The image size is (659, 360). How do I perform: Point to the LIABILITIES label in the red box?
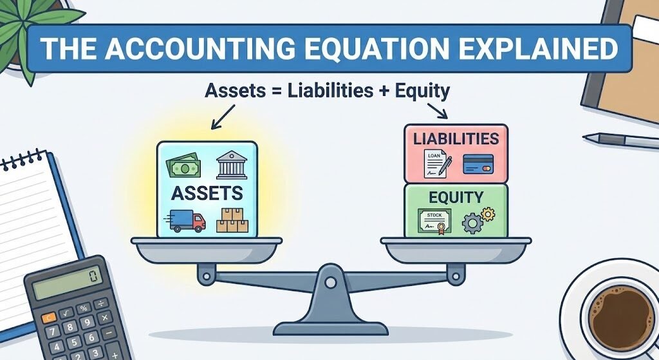pos(456,139)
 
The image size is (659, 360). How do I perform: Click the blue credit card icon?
pos(478,164)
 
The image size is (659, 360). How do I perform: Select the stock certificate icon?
pos(434,220)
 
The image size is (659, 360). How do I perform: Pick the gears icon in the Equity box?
pos(476,220)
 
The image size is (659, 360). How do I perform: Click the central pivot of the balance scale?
pos(329,281)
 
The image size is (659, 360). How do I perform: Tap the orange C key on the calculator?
pos(49,319)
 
